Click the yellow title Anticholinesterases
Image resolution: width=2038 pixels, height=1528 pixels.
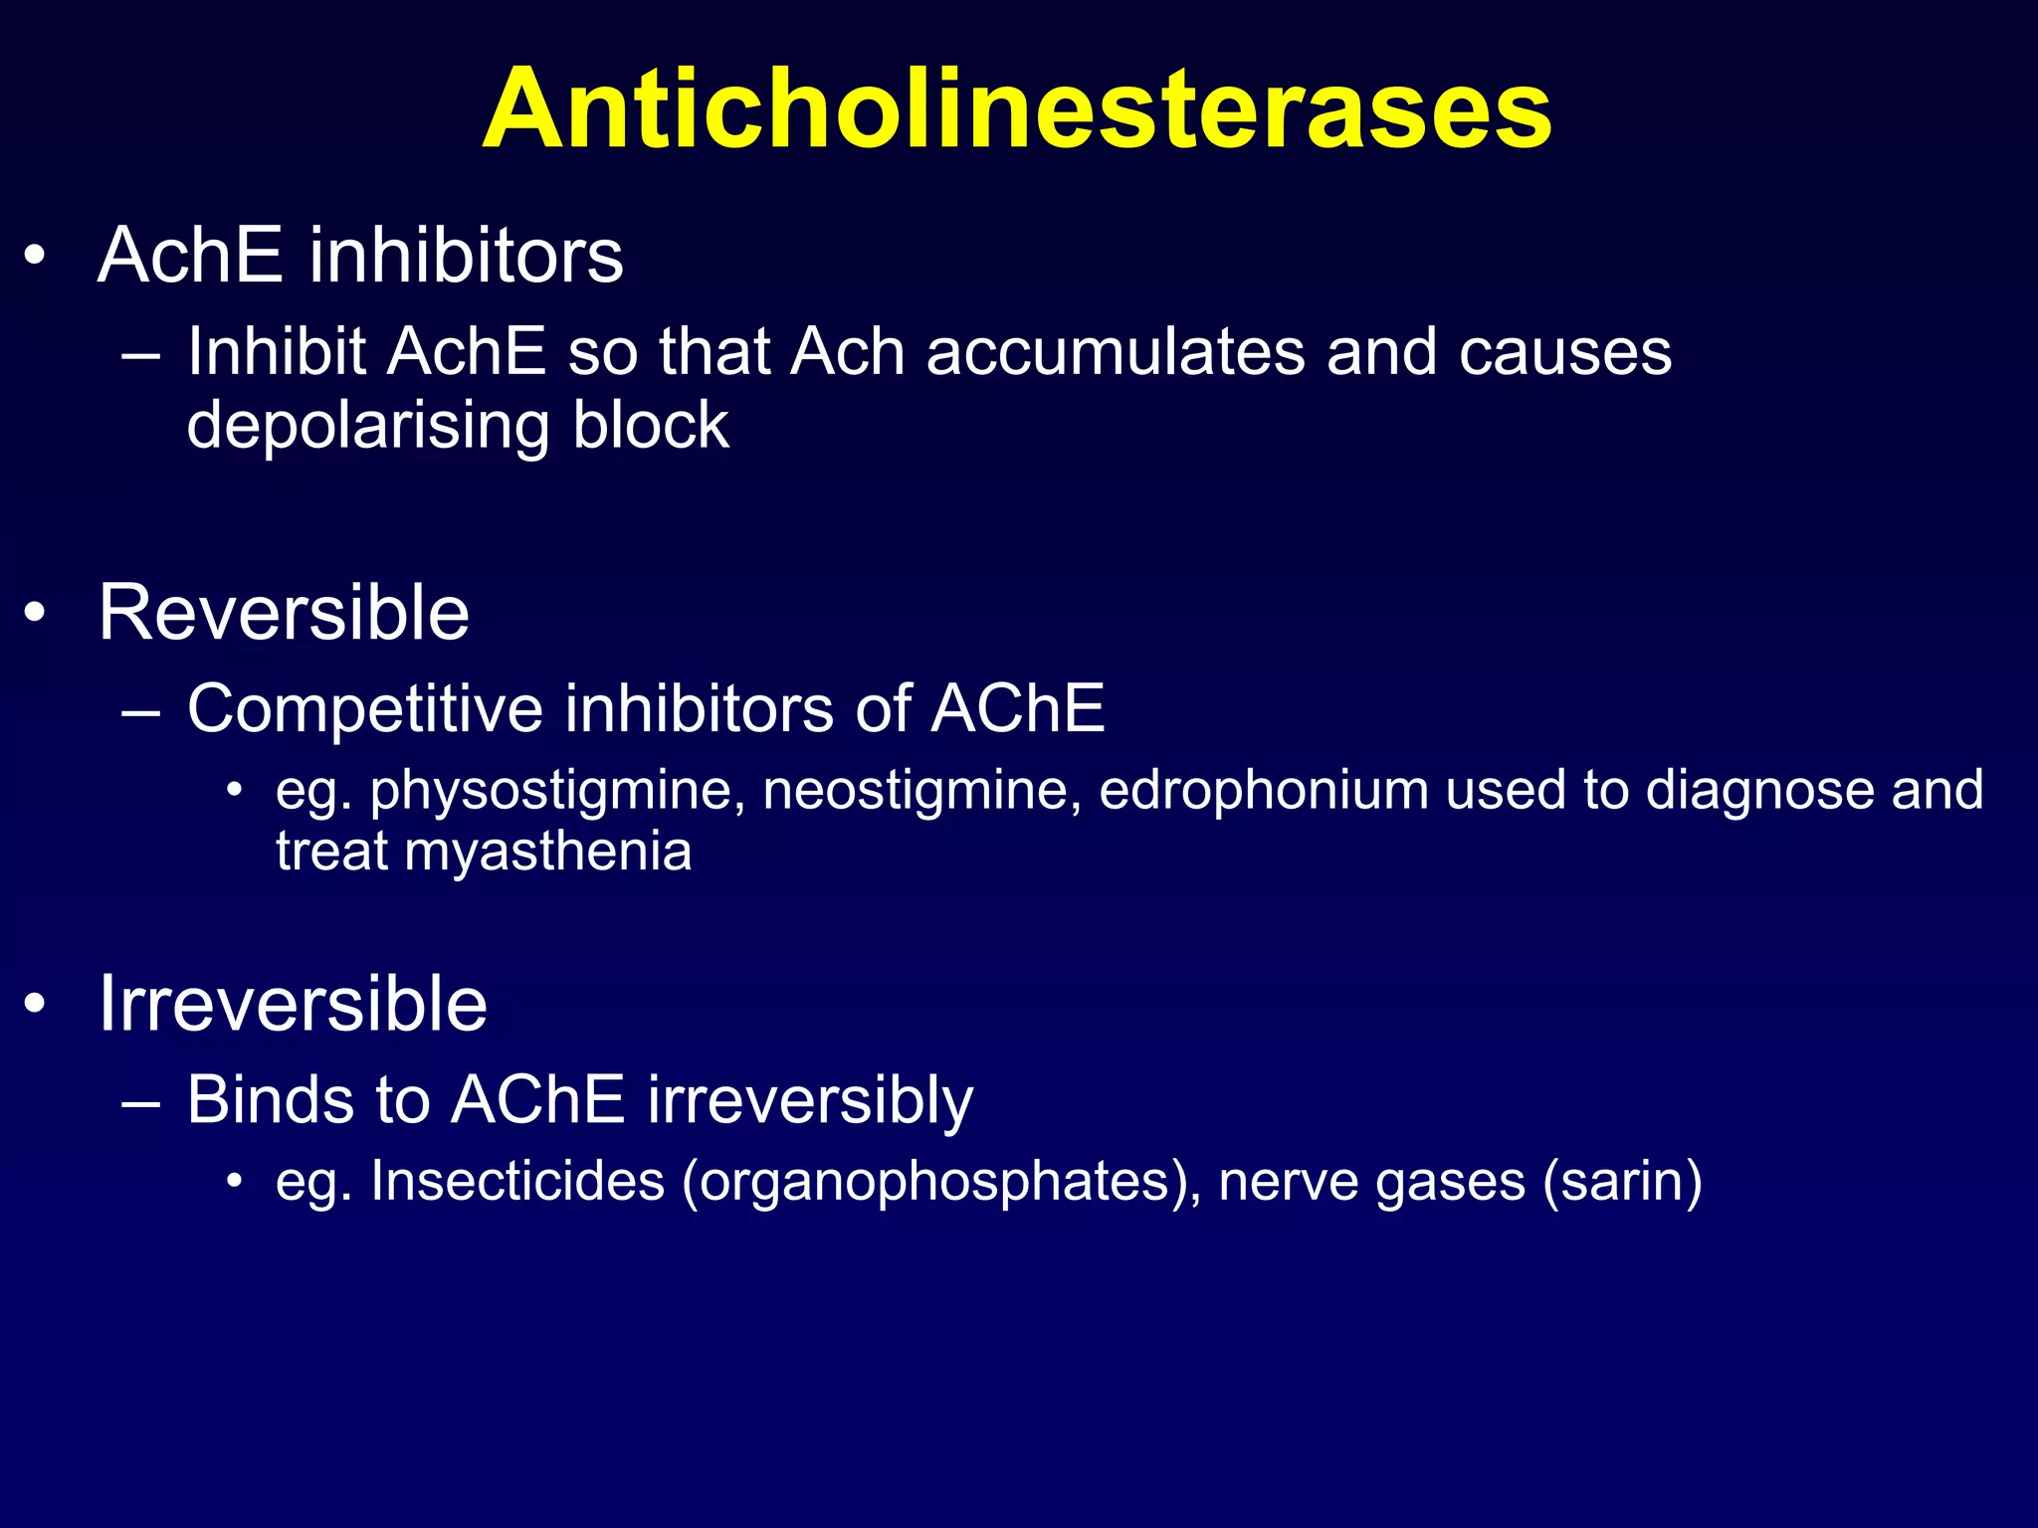[x=1016, y=109]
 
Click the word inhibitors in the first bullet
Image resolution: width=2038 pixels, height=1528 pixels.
[x=465, y=256]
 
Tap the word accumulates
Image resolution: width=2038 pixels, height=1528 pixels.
[x=1115, y=352]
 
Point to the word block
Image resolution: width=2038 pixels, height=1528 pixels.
[x=651, y=426]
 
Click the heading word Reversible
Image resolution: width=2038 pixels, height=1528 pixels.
[x=284, y=613]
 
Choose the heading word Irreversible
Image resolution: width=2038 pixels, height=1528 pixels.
[x=293, y=1004]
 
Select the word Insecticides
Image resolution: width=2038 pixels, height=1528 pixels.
[x=517, y=1182]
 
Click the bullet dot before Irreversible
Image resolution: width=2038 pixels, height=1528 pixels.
[x=36, y=1005]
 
